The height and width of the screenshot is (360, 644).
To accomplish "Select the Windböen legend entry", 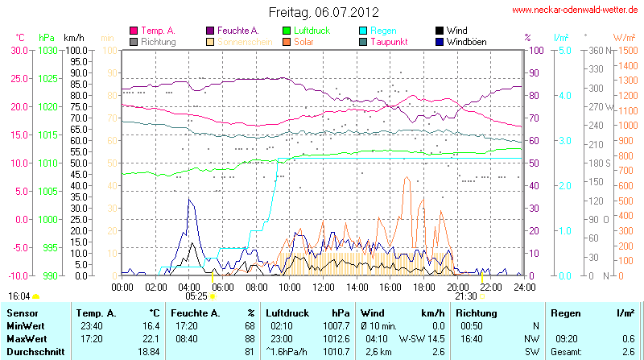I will (x=466, y=40).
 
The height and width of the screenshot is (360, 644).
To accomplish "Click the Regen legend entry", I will (x=382, y=30).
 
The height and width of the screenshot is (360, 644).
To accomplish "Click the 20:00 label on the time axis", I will (x=457, y=286).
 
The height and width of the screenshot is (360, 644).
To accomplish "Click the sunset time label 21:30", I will (x=465, y=296).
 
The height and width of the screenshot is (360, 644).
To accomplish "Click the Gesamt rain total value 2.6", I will (x=629, y=352).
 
